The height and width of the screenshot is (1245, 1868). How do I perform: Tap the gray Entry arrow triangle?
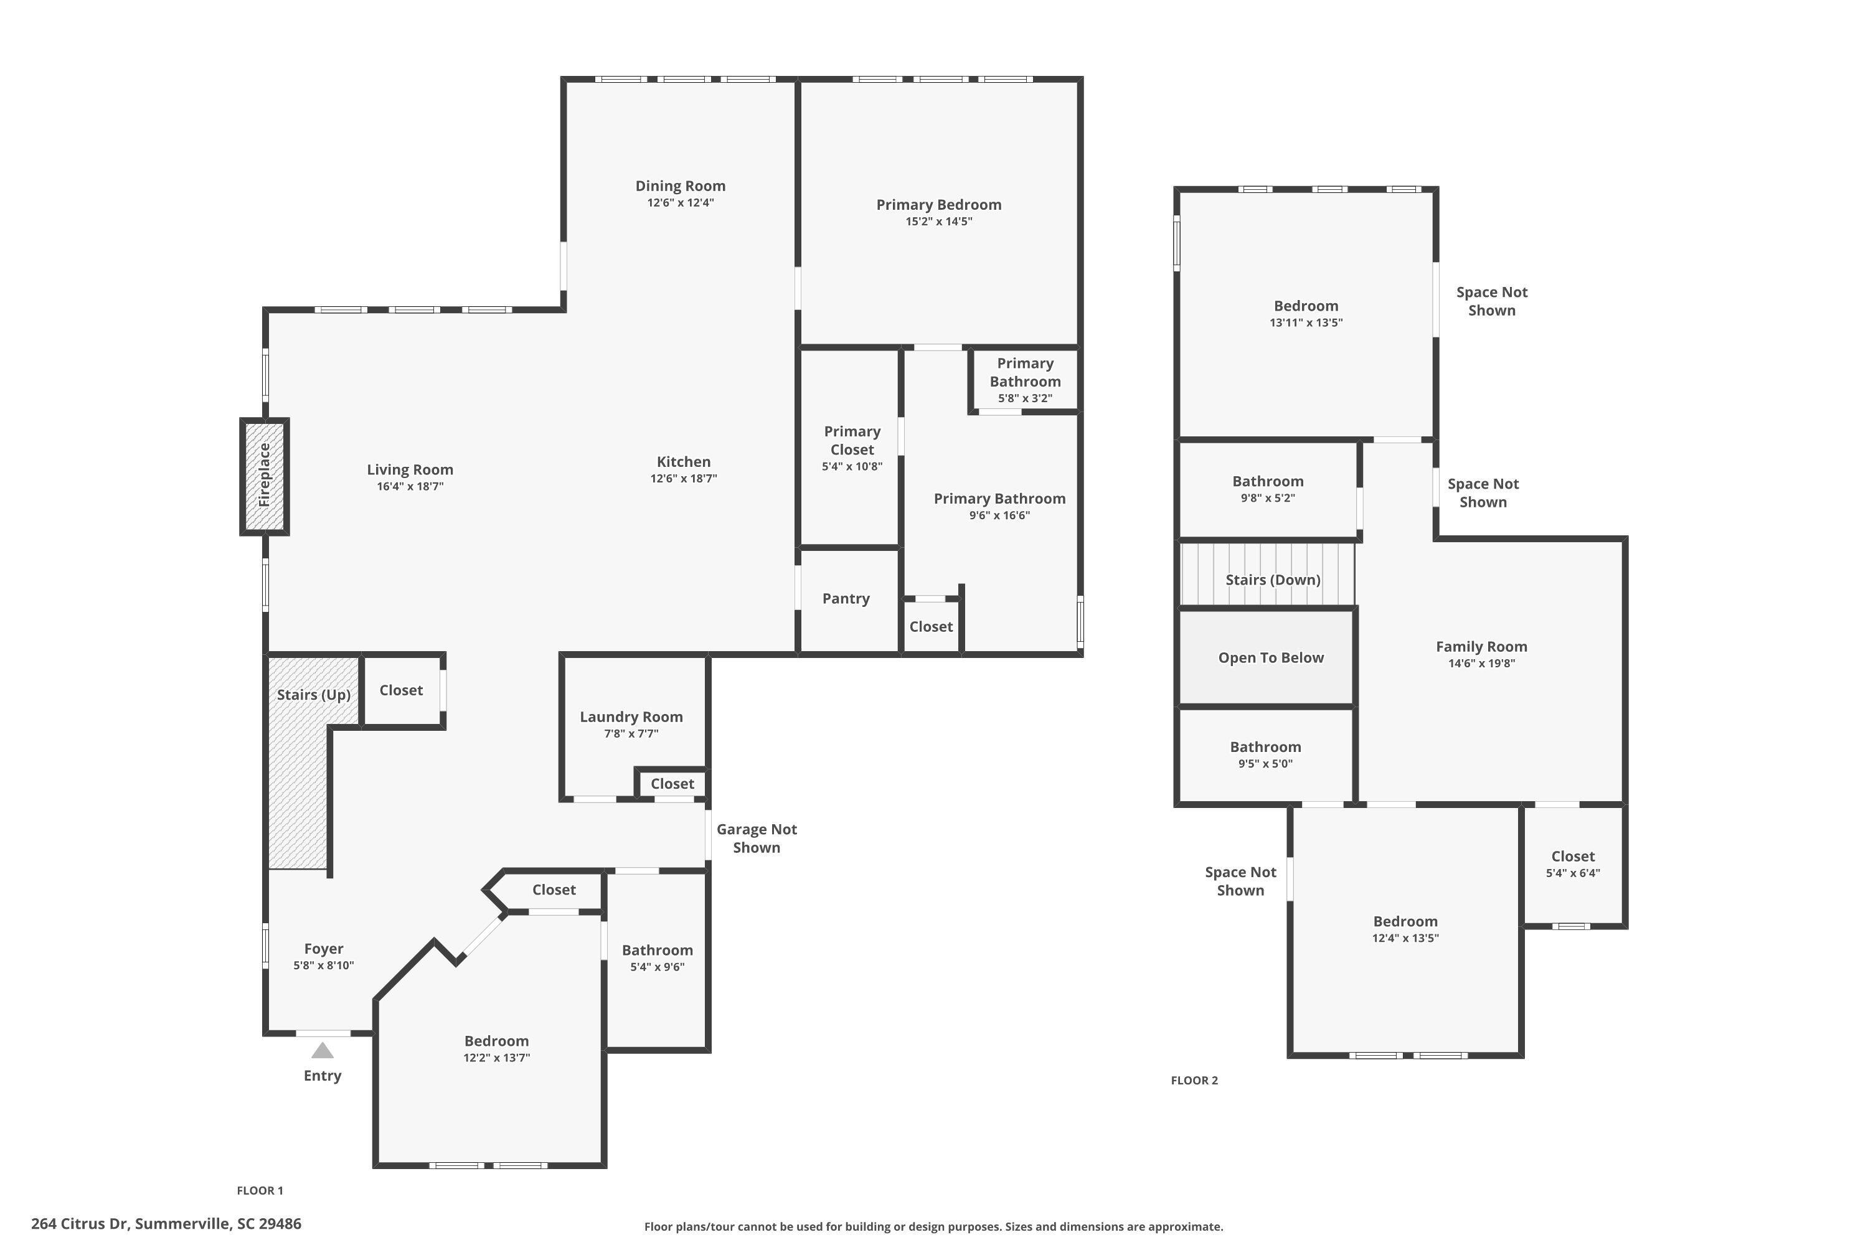(x=322, y=1051)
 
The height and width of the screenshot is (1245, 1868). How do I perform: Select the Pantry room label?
(x=846, y=599)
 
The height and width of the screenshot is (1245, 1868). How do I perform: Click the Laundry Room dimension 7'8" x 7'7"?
(x=631, y=734)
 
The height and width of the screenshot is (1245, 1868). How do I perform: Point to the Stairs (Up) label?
(x=314, y=695)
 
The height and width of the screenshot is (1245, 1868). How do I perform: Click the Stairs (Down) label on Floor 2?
(x=1272, y=580)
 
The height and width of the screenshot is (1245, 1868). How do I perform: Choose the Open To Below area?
(x=1270, y=657)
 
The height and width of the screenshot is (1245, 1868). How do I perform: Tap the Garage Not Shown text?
(x=756, y=839)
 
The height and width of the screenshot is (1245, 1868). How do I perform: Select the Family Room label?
(x=1481, y=646)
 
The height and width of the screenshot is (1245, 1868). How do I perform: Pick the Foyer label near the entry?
(x=323, y=949)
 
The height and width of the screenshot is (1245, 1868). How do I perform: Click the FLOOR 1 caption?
(x=260, y=1190)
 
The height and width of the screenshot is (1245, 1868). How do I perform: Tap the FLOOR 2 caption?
(x=1194, y=1080)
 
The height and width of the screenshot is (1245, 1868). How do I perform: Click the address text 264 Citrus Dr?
(x=166, y=1224)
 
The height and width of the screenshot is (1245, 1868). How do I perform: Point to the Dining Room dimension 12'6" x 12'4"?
(x=680, y=202)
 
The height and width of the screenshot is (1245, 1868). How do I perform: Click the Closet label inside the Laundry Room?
(x=672, y=784)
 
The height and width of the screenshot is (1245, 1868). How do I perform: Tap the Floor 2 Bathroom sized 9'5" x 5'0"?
(x=1265, y=754)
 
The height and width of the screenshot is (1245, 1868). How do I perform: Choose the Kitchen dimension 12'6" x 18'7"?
(x=683, y=479)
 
